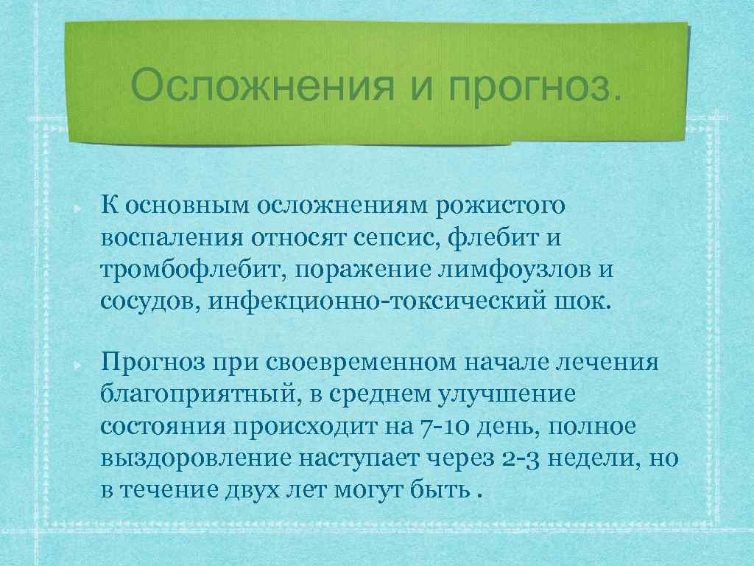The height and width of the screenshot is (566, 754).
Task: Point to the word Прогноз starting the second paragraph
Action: point(152,363)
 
